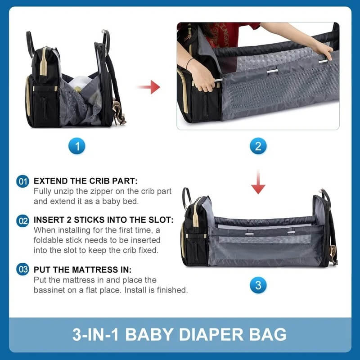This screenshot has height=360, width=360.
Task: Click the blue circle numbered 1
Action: click(77, 146)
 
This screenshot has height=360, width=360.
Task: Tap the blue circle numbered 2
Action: click(258, 146)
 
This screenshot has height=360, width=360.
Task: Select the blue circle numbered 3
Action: click(258, 285)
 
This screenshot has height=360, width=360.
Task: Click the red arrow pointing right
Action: click(149, 86)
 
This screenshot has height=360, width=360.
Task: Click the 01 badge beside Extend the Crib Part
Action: click(23, 182)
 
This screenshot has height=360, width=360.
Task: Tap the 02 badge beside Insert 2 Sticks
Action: click(23, 221)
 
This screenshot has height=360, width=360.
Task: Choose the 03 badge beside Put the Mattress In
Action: click(23, 270)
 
